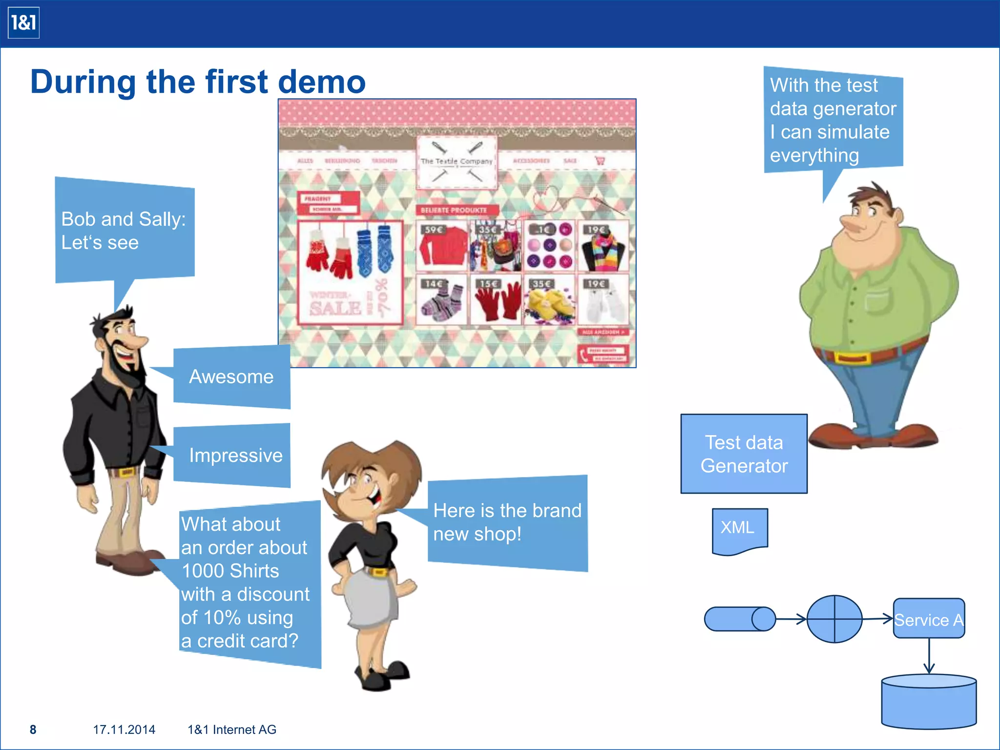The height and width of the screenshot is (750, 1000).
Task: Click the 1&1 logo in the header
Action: click(23, 23)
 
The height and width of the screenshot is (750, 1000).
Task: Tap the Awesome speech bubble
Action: click(231, 376)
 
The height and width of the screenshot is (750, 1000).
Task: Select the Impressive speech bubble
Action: click(235, 455)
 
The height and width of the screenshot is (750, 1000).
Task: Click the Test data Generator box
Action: click(744, 454)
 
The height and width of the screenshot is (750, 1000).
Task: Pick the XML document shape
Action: click(739, 530)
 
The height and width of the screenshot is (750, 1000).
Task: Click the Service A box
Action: click(928, 619)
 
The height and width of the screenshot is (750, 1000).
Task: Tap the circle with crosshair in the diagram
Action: click(834, 619)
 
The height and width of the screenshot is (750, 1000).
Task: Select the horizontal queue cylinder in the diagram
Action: click(739, 619)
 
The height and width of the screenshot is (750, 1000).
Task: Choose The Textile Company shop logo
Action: click(457, 162)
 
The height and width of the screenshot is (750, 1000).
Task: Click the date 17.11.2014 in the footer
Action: click(124, 729)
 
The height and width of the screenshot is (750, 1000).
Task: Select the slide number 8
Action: click(33, 729)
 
